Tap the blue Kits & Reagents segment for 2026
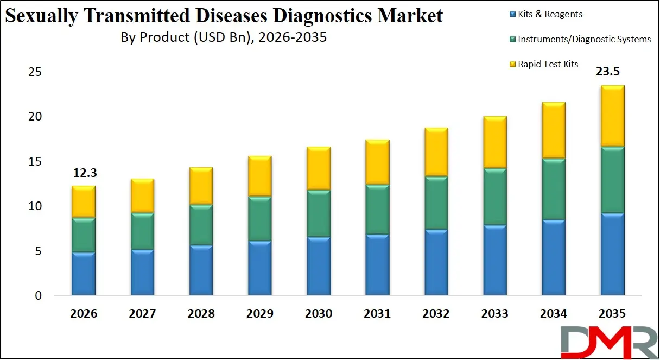83,274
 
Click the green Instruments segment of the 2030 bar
318,213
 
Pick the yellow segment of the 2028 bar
201,186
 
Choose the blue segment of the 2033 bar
494,261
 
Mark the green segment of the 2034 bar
553,189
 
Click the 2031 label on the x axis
377,314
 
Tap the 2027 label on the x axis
142,314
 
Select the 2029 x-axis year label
259,314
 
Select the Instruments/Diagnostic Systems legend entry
584,39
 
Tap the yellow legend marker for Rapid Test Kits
511,65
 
